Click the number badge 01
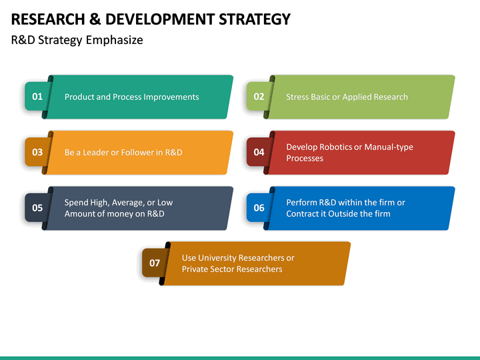37,97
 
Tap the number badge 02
259,97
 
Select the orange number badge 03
37,152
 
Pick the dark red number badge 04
259,152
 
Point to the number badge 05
37,208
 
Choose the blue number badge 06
259,208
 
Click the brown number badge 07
155,263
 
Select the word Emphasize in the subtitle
114,40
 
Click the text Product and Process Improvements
131,97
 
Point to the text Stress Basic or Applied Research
347,97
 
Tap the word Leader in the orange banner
96,152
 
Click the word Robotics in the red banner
337,147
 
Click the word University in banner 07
219,258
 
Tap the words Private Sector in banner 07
209,269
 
